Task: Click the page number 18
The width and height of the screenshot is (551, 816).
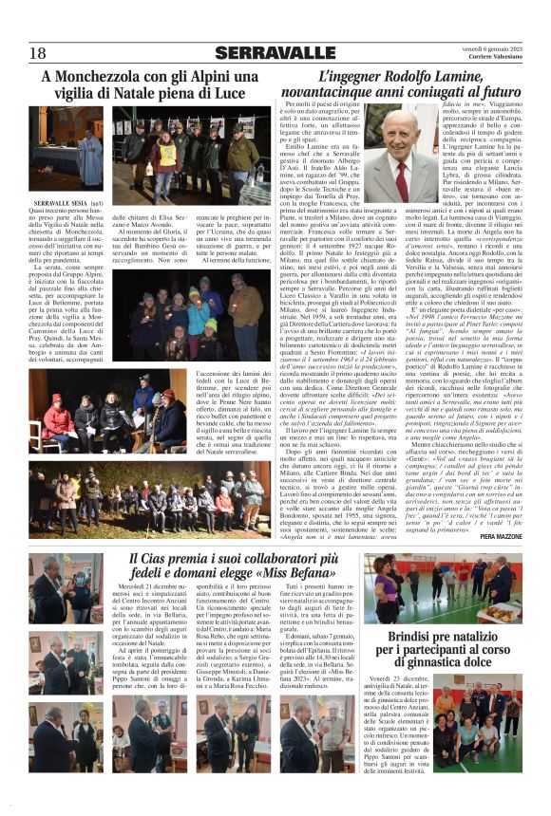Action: pos(38,52)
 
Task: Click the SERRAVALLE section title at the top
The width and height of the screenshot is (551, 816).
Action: pos(275,52)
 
